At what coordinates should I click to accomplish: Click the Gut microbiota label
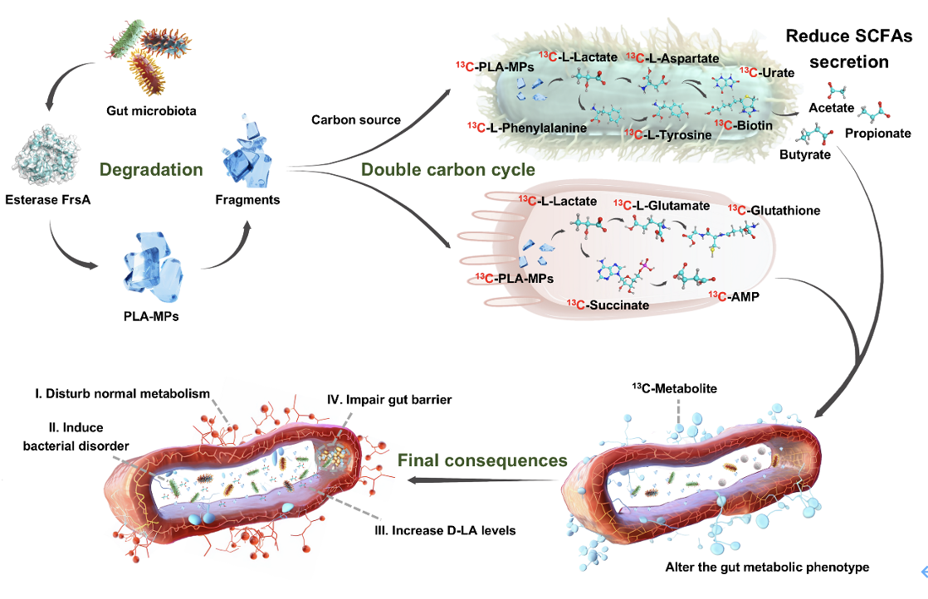click(151, 111)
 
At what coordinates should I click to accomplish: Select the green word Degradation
click(151, 170)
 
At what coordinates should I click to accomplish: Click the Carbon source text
click(356, 120)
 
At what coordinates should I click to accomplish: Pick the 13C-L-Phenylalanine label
click(528, 129)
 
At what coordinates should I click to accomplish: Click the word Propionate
click(877, 134)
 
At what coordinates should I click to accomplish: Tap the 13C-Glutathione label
click(774, 211)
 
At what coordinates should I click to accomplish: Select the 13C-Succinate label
click(608, 305)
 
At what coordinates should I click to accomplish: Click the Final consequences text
click(482, 460)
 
